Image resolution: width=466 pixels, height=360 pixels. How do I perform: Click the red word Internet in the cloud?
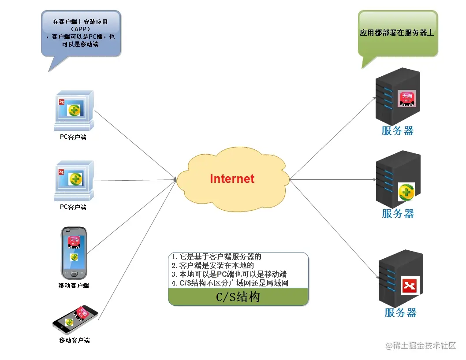[x=232, y=178]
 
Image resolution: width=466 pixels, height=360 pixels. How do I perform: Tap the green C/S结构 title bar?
[x=238, y=297]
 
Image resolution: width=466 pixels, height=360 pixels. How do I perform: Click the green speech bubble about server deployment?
[x=397, y=33]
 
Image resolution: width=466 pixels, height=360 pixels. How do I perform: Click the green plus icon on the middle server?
[x=406, y=192]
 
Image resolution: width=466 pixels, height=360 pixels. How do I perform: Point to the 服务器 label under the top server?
[x=397, y=131]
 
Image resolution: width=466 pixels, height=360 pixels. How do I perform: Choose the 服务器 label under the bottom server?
[x=400, y=313]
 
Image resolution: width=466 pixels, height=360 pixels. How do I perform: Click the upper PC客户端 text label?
[x=73, y=137]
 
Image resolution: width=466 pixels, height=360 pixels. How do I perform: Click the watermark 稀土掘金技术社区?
[x=421, y=346]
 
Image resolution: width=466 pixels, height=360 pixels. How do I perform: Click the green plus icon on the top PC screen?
[x=75, y=110]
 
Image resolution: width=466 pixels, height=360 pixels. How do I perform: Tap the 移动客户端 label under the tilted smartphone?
[x=75, y=340]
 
